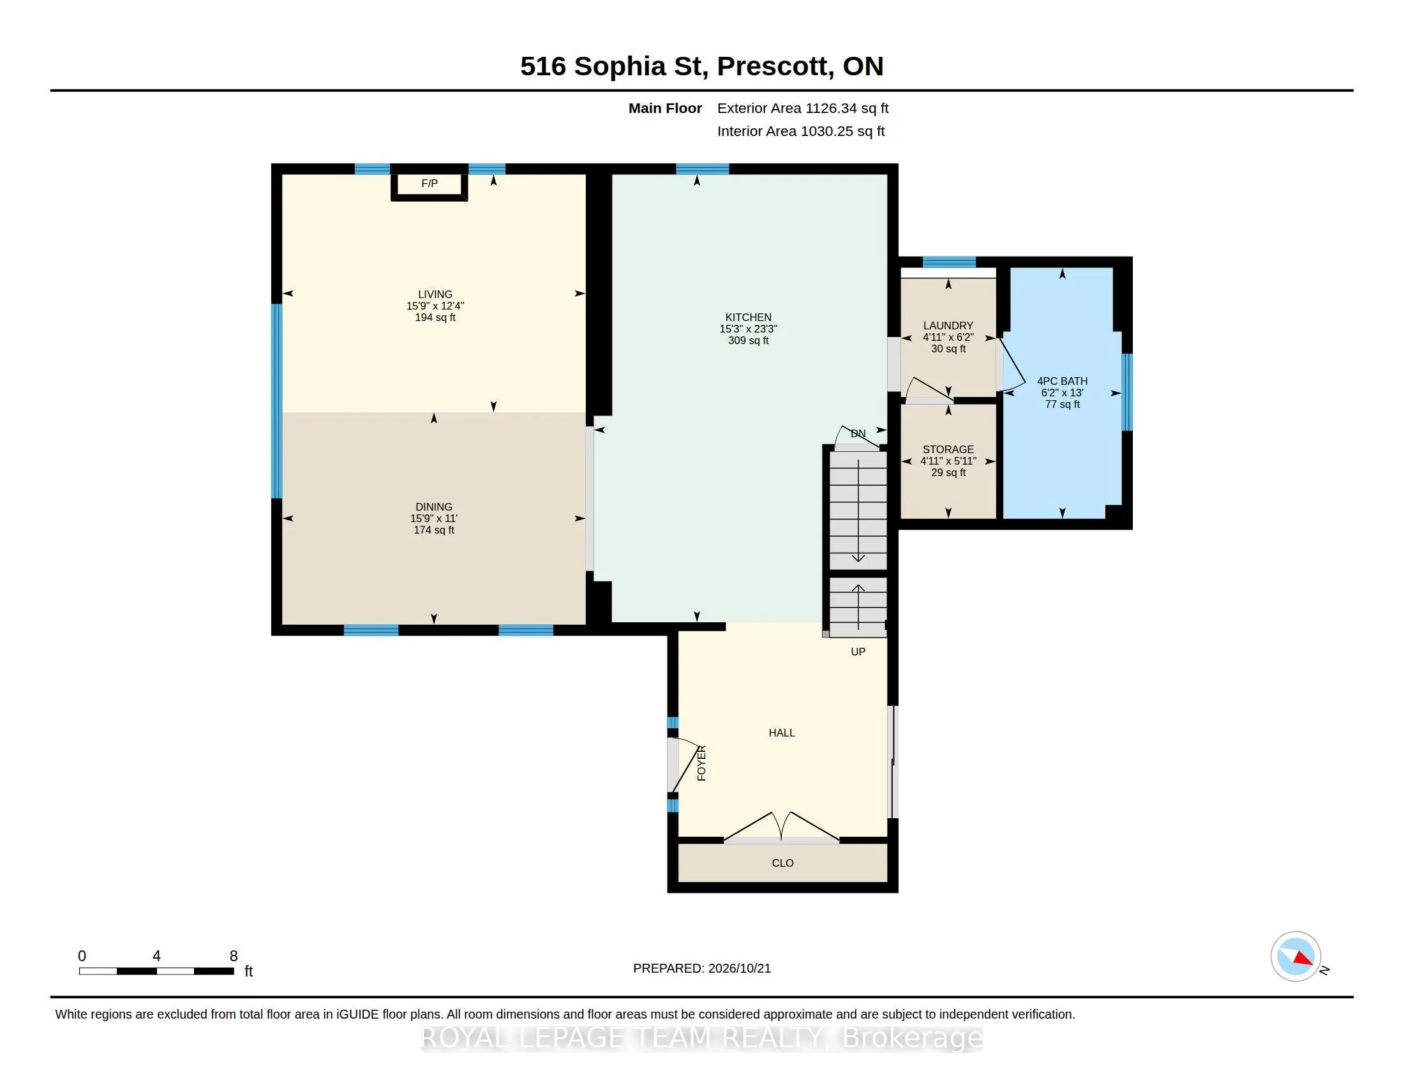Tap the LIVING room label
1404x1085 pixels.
coord(435,294)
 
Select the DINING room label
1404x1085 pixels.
coord(434,507)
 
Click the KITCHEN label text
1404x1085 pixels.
coord(749,318)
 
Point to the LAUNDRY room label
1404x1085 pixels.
coord(948,326)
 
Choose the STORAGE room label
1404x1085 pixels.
coord(948,450)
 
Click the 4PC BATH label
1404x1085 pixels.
coord(1062,381)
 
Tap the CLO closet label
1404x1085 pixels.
coord(783,863)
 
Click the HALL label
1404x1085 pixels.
coord(782,733)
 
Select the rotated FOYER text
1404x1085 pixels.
coord(701,763)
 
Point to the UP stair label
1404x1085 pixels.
coord(858,652)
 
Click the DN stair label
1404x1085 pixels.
coord(858,434)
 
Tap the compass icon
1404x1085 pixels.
coord(1296,956)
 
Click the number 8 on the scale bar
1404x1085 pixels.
coord(234,956)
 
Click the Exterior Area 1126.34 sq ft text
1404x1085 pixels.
coord(803,108)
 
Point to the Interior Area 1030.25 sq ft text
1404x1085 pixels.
coord(801,131)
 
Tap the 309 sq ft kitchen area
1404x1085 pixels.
coord(749,341)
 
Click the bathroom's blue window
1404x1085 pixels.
coord(1127,391)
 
